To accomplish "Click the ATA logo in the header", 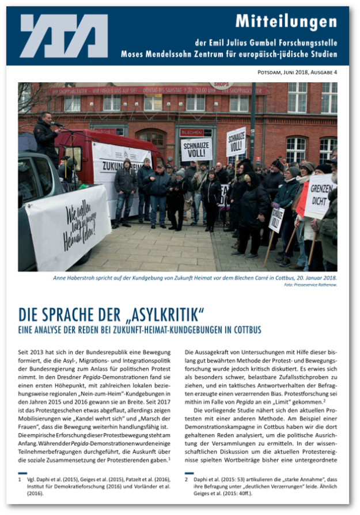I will (x=63, y=36).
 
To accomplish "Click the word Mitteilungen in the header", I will (x=286, y=22).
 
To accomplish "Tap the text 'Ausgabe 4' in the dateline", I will (x=322, y=73).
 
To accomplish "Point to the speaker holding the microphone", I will (x=46, y=138).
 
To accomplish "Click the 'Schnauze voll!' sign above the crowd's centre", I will (x=196, y=149).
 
